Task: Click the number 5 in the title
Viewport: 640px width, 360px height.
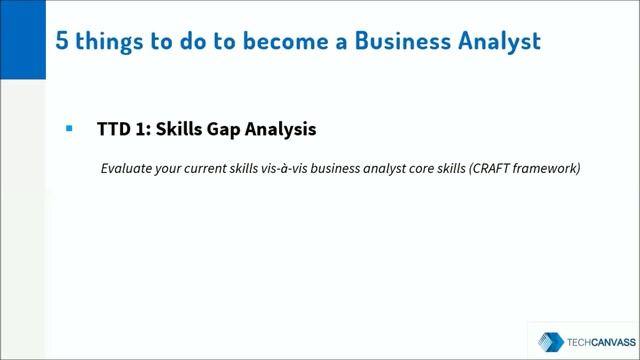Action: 38,41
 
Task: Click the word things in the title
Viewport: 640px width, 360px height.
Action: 87,41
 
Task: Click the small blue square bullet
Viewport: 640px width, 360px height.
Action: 69,129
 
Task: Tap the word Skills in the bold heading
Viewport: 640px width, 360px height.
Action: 182,130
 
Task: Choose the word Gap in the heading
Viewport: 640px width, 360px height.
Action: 234,131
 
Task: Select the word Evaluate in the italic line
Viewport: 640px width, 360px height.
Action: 127,168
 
